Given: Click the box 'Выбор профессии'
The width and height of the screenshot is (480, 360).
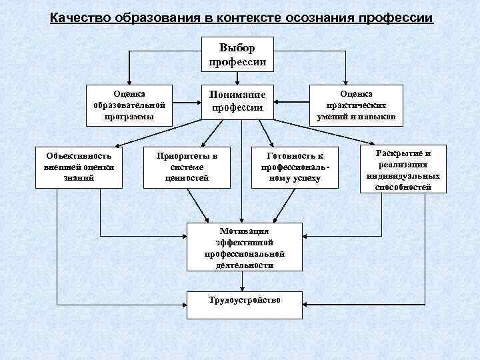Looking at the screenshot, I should (x=237, y=53).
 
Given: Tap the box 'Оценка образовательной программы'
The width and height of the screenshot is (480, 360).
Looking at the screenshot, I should (x=129, y=105).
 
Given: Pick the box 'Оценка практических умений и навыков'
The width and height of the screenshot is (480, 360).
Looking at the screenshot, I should (x=356, y=105).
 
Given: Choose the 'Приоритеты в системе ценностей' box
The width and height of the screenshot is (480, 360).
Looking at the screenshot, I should (x=187, y=167).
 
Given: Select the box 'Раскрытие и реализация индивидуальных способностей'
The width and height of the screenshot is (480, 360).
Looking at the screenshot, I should (x=403, y=169).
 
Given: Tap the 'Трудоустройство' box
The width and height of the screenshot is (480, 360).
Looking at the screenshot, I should (x=245, y=300).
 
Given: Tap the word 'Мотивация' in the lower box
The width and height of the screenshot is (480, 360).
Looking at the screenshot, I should (x=245, y=230).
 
